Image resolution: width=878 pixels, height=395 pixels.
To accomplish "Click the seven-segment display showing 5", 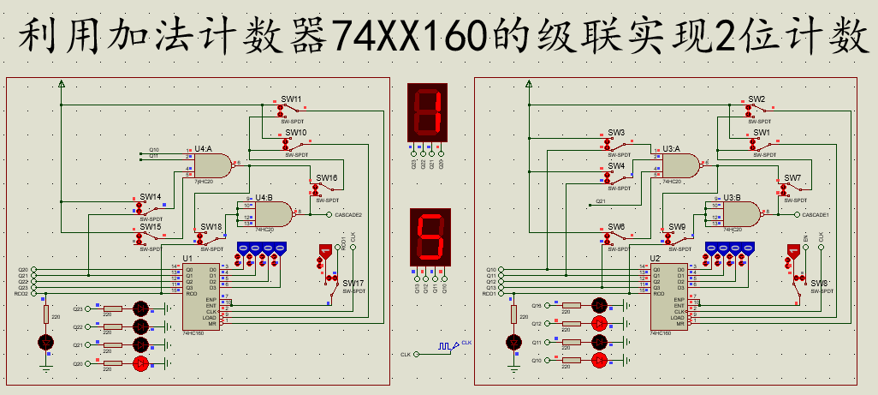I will click(430, 237).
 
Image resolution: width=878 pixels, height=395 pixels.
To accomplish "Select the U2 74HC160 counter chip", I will click(669, 295).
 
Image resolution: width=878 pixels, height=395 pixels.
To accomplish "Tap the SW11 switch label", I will click(292, 99).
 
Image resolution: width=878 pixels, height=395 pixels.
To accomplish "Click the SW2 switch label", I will click(756, 99).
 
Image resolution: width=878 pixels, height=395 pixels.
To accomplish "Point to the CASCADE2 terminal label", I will click(348, 214).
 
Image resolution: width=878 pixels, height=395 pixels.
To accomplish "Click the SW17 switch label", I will click(353, 283).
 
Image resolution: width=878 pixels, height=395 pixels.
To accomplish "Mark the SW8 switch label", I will click(819, 283).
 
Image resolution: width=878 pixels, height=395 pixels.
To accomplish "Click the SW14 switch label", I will click(151, 197).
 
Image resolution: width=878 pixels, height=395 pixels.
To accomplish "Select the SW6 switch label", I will click(616, 227).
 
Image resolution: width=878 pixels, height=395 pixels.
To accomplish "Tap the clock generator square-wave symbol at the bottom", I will click(445, 346).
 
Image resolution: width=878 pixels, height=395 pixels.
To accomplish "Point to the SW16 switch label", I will click(326, 178).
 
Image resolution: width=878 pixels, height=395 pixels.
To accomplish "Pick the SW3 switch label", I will click(616, 133).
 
